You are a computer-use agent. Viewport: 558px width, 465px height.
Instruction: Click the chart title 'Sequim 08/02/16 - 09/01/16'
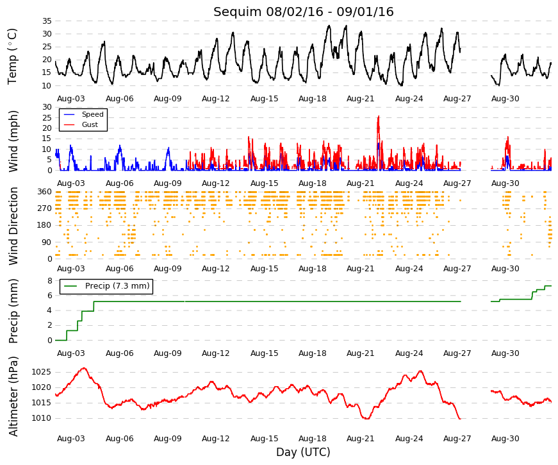point(303,12)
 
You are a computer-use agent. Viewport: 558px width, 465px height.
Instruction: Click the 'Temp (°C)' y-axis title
point(12,56)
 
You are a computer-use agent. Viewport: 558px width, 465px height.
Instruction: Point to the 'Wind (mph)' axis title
point(13,141)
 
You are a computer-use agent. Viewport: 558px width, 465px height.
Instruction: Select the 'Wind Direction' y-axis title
point(13,226)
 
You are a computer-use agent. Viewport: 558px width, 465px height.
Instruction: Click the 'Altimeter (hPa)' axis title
point(13,396)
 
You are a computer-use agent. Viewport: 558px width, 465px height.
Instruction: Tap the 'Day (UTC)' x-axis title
point(303,452)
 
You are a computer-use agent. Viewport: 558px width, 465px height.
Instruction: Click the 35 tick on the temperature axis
point(47,21)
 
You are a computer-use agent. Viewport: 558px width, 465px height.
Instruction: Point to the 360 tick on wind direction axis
point(44,192)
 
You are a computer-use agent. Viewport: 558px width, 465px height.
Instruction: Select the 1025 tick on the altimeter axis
point(41,373)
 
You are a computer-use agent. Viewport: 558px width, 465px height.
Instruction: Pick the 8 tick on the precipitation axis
point(49,281)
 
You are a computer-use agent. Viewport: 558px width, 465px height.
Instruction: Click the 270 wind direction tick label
point(44,208)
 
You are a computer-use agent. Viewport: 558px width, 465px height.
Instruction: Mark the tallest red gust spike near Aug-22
point(378,116)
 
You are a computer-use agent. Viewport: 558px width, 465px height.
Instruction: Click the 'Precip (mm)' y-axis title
point(13,311)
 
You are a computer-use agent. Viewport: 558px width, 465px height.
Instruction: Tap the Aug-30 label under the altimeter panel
point(505,439)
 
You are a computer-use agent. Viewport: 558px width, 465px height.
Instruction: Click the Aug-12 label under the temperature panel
point(216,99)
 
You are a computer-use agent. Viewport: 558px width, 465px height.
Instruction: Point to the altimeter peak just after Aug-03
point(84,368)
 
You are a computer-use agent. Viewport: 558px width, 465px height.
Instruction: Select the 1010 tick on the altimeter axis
point(41,418)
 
